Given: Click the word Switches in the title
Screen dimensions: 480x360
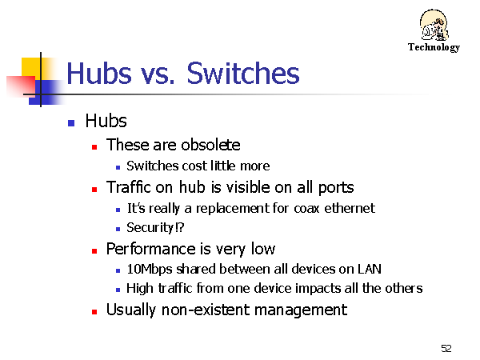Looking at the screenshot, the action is pyautogui.click(x=243, y=73).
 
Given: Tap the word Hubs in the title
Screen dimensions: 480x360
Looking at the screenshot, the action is pyautogui.click(x=99, y=73).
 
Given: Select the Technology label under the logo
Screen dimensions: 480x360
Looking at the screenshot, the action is pyautogui.click(x=434, y=47).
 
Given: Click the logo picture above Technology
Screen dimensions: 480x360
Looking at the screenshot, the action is pyautogui.click(x=434, y=25).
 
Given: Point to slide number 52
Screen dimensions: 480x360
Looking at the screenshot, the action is pyautogui.click(x=446, y=348).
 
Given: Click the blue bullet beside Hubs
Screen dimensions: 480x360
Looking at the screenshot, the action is pyautogui.click(x=71, y=123).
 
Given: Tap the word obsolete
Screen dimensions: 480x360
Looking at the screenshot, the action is pyautogui.click(x=210, y=145).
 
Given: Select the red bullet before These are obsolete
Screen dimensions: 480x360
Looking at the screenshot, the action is pyautogui.click(x=94, y=147).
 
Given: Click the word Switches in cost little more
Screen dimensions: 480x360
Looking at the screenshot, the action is pyautogui.click(x=153, y=166).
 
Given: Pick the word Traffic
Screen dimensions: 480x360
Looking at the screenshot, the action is pyautogui.click(x=129, y=187).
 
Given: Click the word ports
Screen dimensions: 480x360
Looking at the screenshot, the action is pyautogui.click(x=336, y=188).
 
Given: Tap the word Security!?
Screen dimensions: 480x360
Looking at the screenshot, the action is pyautogui.click(x=155, y=228).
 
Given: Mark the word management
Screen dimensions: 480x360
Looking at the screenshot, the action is pyautogui.click(x=301, y=310).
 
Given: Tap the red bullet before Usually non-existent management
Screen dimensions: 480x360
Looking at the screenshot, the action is pyautogui.click(x=94, y=312).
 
